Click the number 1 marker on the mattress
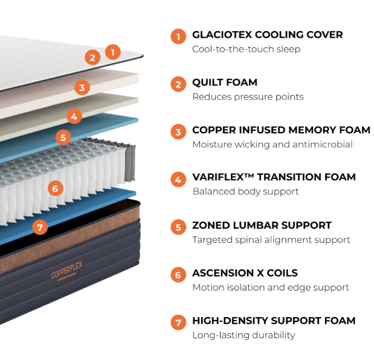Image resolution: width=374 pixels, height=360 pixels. (x=113, y=52)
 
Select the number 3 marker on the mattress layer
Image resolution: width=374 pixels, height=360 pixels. (x=82, y=87)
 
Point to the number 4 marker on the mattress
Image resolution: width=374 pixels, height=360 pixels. (x=74, y=117)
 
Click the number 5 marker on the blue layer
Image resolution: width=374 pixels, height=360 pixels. (x=63, y=137)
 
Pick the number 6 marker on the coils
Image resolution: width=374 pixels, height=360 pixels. (x=55, y=188)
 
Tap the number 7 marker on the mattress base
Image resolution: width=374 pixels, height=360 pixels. (x=39, y=228)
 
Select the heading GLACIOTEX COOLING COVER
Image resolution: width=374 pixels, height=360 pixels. (x=267, y=35)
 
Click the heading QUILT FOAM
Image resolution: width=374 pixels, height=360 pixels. (x=225, y=83)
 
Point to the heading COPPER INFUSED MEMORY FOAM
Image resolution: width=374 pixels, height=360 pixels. (x=281, y=130)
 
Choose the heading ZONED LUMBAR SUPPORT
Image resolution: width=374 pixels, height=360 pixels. (x=262, y=226)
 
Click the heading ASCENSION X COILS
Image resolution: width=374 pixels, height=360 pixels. (x=245, y=273)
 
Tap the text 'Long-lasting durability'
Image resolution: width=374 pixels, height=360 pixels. (x=244, y=335)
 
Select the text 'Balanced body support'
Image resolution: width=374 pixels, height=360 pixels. (x=245, y=191)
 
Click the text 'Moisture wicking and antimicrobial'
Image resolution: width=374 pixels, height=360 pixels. (x=272, y=144)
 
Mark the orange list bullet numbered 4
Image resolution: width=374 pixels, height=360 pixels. (x=178, y=180)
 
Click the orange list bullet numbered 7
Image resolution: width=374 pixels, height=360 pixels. (x=178, y=323)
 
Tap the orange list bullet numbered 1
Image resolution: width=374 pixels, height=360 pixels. (x=178, y=37)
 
